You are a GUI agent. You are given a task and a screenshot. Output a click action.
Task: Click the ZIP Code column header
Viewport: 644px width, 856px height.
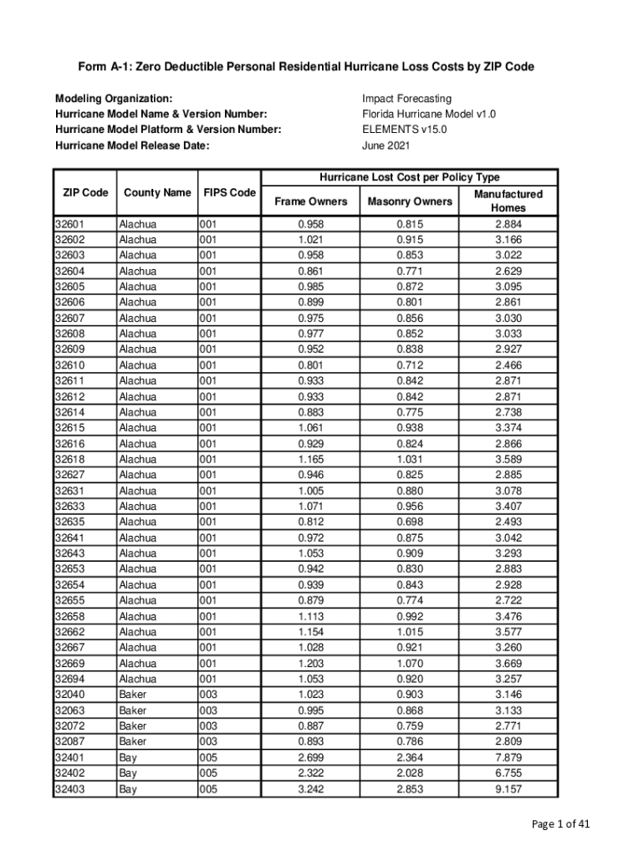tap(85, 193)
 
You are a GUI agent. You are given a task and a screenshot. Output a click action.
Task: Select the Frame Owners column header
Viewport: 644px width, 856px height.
tap(310, 201)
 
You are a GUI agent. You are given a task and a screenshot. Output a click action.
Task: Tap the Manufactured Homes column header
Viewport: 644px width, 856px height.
tap(508, 201)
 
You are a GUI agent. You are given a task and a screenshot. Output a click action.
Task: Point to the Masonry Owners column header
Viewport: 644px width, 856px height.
tap(409, 201)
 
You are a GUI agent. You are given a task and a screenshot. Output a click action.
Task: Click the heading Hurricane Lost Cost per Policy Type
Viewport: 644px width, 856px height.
tap(409, 177)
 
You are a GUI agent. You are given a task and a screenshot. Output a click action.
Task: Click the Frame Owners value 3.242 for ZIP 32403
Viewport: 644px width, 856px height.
tap(310, 788)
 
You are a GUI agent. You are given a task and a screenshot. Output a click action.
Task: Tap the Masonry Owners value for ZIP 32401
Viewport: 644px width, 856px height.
tap(409, 757)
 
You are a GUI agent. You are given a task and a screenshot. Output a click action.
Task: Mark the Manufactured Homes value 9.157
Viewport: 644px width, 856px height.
tap(508, 788)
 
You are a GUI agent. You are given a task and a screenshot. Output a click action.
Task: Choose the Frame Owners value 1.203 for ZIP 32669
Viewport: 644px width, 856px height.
tap(310, 663)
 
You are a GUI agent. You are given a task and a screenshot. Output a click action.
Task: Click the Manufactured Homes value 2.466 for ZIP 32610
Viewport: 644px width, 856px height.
tap(508, 365)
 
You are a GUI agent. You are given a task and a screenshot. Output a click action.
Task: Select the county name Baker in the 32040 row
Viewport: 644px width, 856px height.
tap(133, 695)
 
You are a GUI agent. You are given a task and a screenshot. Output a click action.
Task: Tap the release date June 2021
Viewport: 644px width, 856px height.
tap(386, 145)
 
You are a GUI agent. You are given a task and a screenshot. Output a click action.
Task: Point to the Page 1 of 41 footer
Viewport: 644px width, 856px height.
tap(561, 824)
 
